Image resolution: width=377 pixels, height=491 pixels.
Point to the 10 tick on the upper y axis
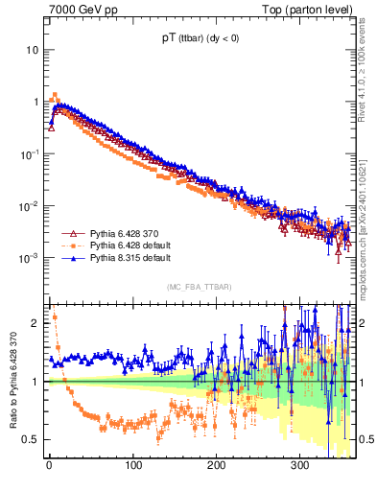pos(31,49)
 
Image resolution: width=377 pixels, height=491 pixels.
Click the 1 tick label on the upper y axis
pos(35,102)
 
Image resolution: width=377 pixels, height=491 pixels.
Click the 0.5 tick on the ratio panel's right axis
pos(362,439)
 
